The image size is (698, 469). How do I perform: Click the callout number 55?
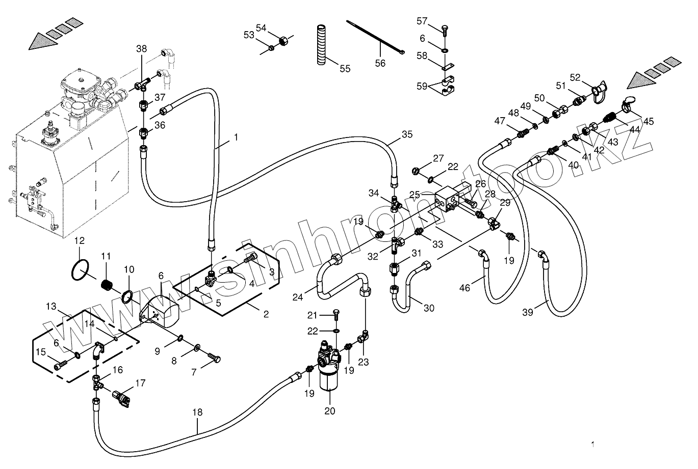tap(345, 68)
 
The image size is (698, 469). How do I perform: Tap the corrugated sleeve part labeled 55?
tap(321, 44)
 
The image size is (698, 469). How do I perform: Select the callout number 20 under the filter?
tap(330, 411)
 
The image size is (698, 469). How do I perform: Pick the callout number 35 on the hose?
tap(407, 135)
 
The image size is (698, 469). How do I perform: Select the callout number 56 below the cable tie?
tap(380, 63)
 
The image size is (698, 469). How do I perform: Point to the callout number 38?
tap(141, 49)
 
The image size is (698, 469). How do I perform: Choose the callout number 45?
tap(648, 121)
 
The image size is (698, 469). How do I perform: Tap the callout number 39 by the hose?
tap(527, 312)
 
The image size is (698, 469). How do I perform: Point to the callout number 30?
tap(429, 308)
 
